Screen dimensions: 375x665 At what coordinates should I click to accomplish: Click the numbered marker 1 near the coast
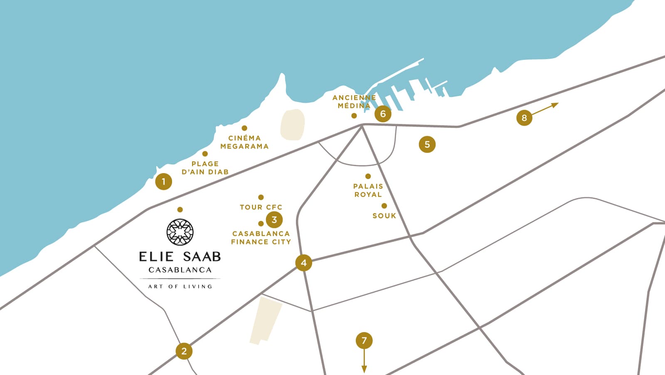(x=163, y=182)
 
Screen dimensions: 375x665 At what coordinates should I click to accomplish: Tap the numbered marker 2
(x=184, y=351)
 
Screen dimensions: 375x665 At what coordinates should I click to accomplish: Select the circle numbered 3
(x=274, y=220)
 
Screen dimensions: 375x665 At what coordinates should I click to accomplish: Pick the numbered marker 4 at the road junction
(x=303, y=263)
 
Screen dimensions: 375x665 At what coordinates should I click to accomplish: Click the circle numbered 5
(x=427, y=145)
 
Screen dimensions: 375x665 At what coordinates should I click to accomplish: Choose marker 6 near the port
(x=383, y=114)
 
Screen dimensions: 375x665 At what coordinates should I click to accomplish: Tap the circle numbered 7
(x=364, y=341)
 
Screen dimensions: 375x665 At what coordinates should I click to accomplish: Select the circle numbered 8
(x=524, y=118)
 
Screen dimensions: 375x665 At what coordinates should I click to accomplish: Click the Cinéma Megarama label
(x=244, y=142)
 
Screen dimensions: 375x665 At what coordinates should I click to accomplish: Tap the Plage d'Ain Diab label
(x=205, y=168)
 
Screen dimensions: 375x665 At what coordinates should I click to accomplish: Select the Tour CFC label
(x=261, y=207)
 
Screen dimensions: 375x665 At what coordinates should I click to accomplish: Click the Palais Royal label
(x=368, y=190)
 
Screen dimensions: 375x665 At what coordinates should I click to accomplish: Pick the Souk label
(x=384, y=216)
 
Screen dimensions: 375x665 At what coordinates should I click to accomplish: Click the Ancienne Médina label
(x=354, y=101)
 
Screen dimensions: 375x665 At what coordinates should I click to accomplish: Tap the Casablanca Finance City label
(x=261, y=238)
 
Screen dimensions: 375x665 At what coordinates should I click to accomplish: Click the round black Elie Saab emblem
(x=180, y=232)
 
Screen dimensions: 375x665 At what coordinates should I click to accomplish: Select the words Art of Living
(x=180, y=286)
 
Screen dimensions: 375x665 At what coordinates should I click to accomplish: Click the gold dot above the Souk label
(x=384, y=206)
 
